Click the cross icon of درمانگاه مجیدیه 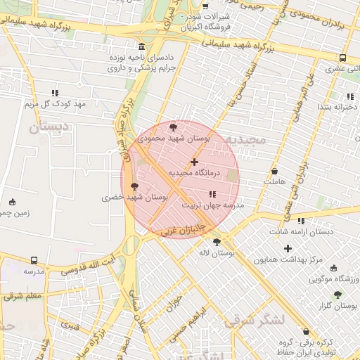point(194,162)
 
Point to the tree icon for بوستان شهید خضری point(135,186)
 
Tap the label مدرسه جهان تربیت point(213,205)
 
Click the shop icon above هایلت point(274,171)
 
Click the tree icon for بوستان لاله point(216,241)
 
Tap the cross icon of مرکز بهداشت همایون point(288,248)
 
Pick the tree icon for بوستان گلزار point(337,295)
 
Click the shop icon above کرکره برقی point(305,331)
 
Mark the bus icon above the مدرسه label point(34,260)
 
